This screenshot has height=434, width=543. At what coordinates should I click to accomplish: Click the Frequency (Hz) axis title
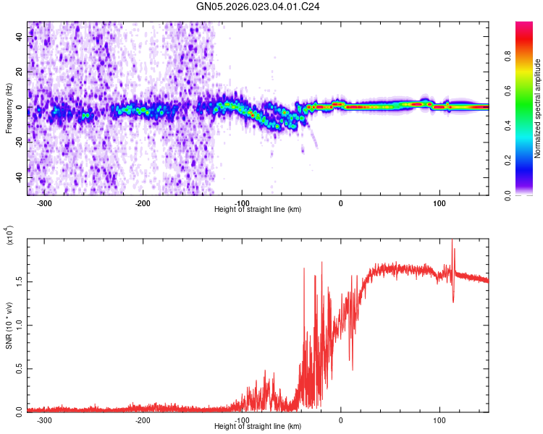[9, 109]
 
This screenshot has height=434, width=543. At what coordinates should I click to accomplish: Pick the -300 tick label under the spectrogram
[45, 203]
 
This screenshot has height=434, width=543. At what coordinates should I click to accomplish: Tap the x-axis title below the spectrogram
[258, 210]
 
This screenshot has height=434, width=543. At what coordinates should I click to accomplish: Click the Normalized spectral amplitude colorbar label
[538, 109]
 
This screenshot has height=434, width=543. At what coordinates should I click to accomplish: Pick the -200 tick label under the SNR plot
[143, 420]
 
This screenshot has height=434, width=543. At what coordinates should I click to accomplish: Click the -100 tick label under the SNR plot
[242, 420]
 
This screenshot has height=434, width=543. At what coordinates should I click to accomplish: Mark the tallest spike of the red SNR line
[452, 242]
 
